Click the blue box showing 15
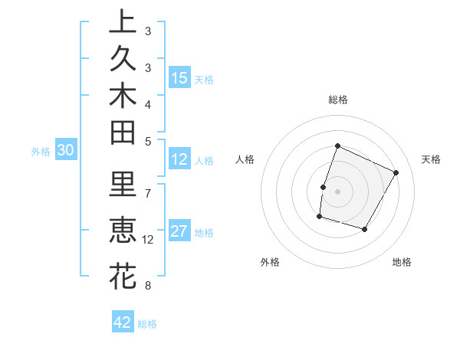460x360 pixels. pyautogui.click(x=179, y=77)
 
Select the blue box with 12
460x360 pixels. pyautogui.click(x=179, y=159)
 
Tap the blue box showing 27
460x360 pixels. pyautogui.click(x=179, y=231)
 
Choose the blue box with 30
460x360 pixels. pyautogui.click(x=66, y=151)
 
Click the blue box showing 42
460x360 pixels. pyautogui.click(x=123, y=322)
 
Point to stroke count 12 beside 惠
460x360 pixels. pyautogui.click(x=148, y=240)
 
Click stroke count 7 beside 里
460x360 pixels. pyautogui.click(x=148, y=192)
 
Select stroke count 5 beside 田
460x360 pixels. pyautogui.click(x=148, y=140)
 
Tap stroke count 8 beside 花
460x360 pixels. pyautogui.click(x=148, y=286)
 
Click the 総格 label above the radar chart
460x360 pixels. pyautogui.click(x=337, y=100)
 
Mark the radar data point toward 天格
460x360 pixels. pyautogui.click(x=396, y=172)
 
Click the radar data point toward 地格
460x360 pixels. pyautogui.click(x=365, y=230)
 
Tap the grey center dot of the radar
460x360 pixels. pyautogui.click(x=337, y=191)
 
